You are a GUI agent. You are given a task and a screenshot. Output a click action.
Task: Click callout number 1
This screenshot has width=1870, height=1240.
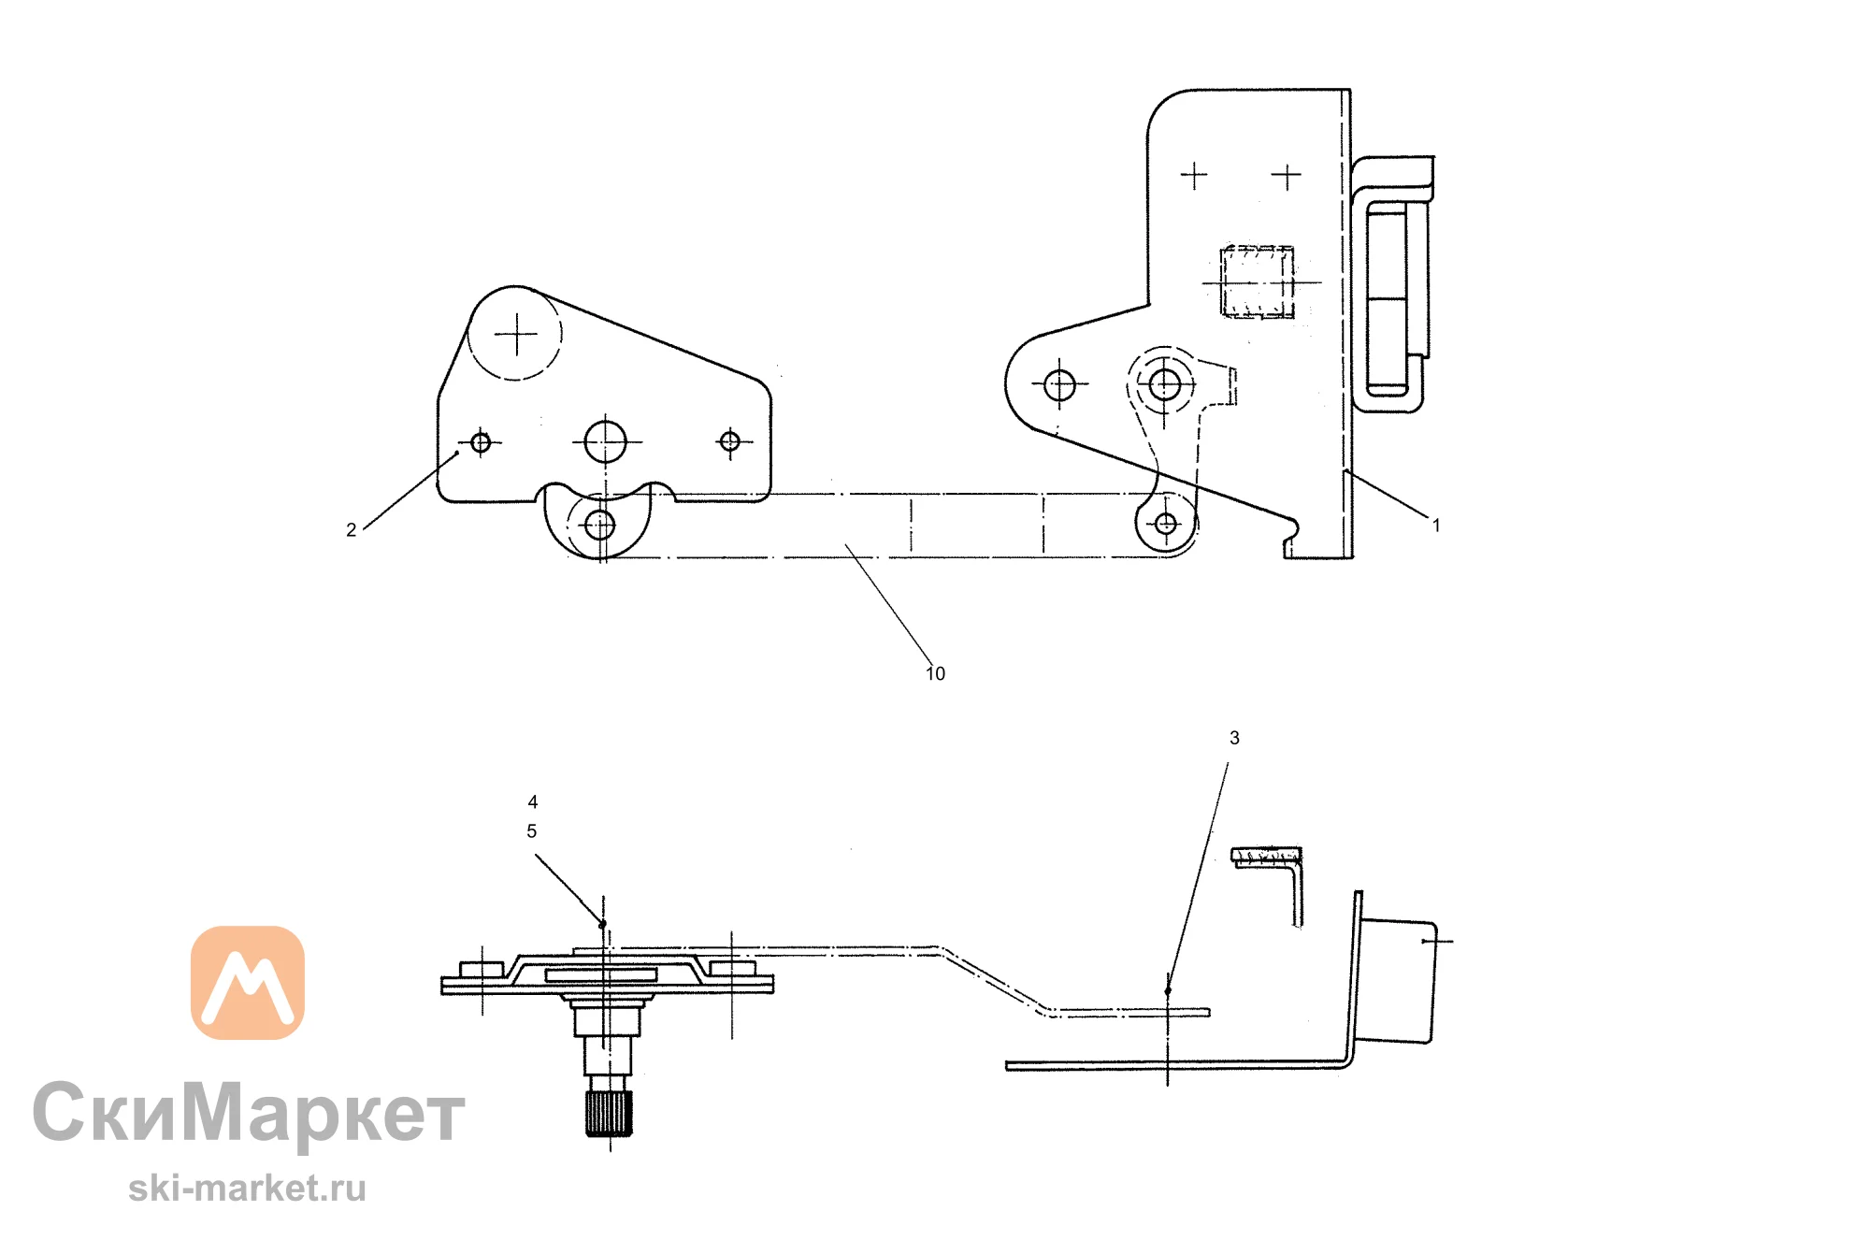[1436, 526]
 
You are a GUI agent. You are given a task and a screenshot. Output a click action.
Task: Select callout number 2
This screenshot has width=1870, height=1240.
[351, 530]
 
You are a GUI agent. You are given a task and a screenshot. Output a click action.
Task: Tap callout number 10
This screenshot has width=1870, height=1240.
[935, 673]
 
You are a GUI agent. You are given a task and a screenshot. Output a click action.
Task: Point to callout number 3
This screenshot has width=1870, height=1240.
[1234, 738]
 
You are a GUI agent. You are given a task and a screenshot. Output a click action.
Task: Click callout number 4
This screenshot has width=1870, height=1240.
[533, 801]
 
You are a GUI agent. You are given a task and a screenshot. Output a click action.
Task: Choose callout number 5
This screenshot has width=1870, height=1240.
[532, 830]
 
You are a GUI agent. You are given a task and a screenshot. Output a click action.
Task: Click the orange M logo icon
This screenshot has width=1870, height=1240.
[248, 982]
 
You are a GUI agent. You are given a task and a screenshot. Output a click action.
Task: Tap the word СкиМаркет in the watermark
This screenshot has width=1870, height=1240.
[249, 1113]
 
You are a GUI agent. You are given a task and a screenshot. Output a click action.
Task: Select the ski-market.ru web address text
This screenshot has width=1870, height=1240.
[247, 1188]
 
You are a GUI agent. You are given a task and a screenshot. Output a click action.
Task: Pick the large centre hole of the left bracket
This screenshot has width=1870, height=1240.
[605, 441]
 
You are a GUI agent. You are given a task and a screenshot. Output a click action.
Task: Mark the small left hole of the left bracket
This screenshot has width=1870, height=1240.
[481, 441]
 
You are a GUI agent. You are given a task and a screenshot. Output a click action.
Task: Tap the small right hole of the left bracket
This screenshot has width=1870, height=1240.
[730, 441]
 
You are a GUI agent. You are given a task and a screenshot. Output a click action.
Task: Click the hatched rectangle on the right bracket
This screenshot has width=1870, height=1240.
[1259, 281]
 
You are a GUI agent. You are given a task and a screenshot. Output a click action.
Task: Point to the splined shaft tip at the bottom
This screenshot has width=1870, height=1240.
[610, 1114]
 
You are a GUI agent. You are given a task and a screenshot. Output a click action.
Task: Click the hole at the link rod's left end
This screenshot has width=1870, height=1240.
[599, 526]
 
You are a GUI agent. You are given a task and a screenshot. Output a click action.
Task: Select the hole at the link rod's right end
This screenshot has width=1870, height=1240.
[1166, 524]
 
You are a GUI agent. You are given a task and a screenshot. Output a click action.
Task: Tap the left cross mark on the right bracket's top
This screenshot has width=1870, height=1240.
[1194, 175]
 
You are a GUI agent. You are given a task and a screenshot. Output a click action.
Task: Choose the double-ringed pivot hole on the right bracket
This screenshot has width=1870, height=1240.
[1164, 383]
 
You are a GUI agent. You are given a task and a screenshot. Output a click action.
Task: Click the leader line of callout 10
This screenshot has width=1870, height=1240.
[888, 604]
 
